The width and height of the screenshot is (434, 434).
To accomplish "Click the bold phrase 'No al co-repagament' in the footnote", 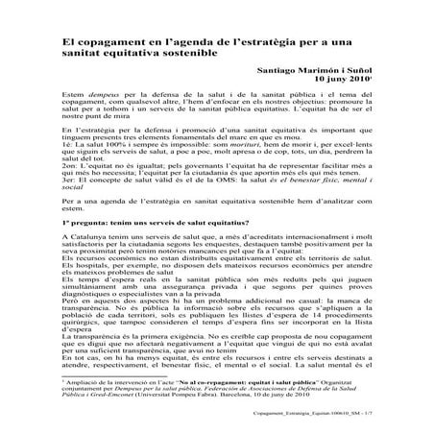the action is [x=222, y=395].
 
